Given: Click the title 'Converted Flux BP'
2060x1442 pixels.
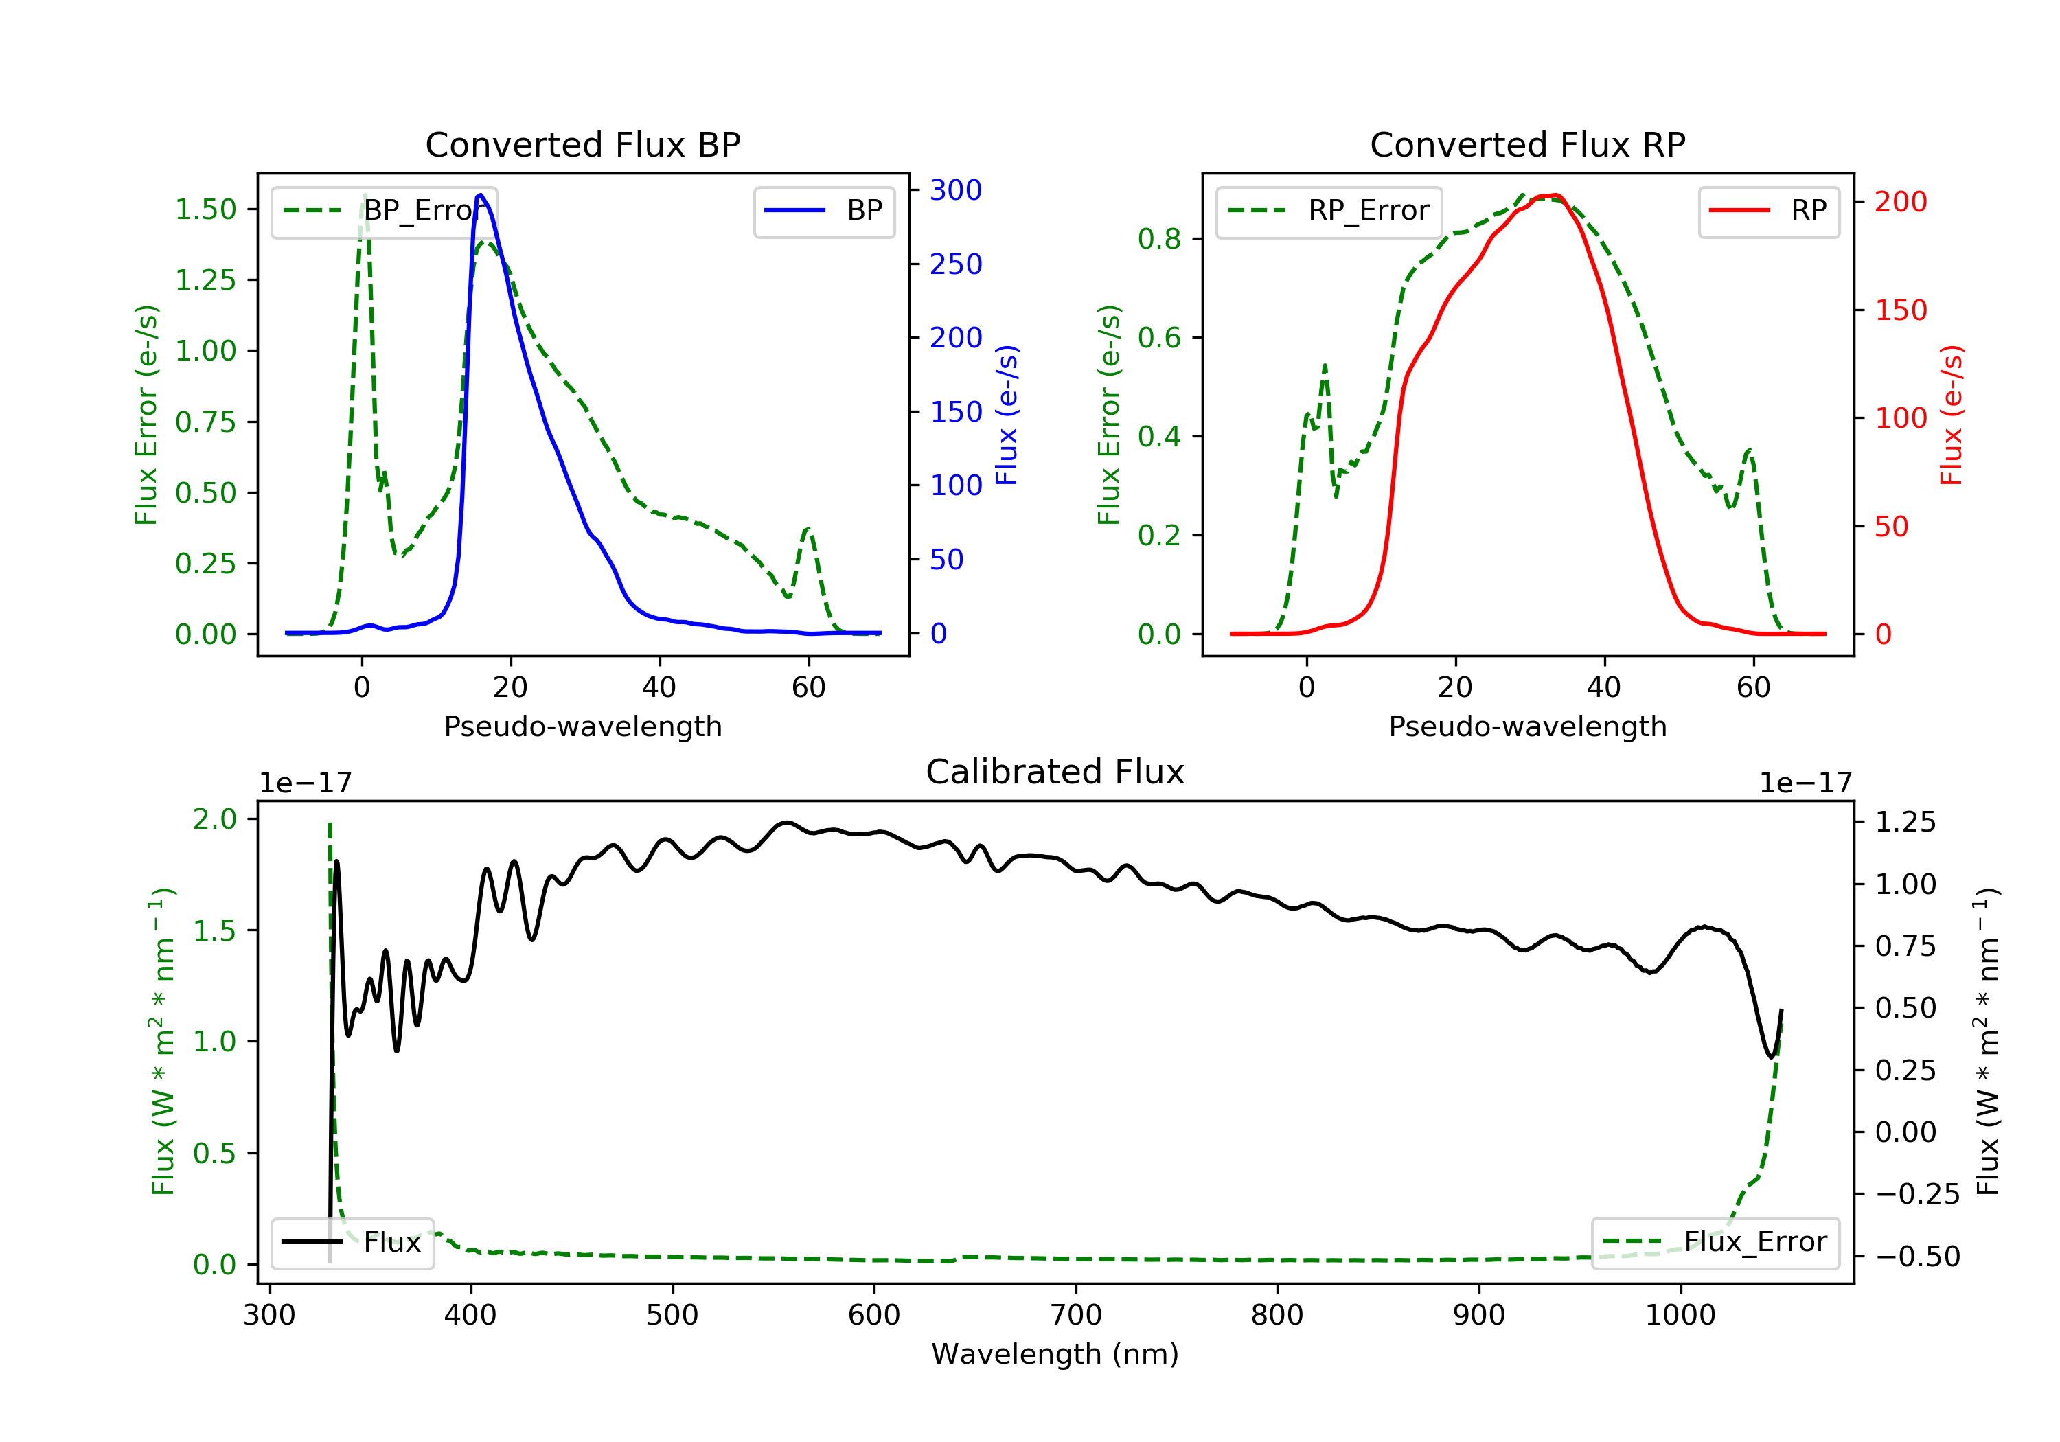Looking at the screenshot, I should coord(582,144).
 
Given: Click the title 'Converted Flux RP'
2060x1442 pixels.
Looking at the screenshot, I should coord(1527,144).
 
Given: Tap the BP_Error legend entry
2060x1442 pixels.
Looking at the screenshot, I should coord(384,211).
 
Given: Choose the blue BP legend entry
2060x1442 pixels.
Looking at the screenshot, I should coord(823,211).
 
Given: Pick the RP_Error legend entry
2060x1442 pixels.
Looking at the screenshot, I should coord(1328,211).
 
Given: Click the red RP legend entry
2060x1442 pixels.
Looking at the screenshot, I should coord(1768,211).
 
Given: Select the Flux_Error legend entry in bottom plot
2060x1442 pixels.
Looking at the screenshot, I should coord(1715,1242).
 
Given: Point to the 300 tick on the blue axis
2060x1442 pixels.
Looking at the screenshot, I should coord(956,190).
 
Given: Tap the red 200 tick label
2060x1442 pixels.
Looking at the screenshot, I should coord(1900,202).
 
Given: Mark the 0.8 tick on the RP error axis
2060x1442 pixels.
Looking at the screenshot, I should coord(1159,239).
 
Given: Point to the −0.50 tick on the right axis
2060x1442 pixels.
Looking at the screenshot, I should coord(1916,1256).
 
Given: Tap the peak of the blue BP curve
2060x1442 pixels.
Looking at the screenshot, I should coord(481,195).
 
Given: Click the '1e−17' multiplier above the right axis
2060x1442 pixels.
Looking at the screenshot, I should coord(1805,783).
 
